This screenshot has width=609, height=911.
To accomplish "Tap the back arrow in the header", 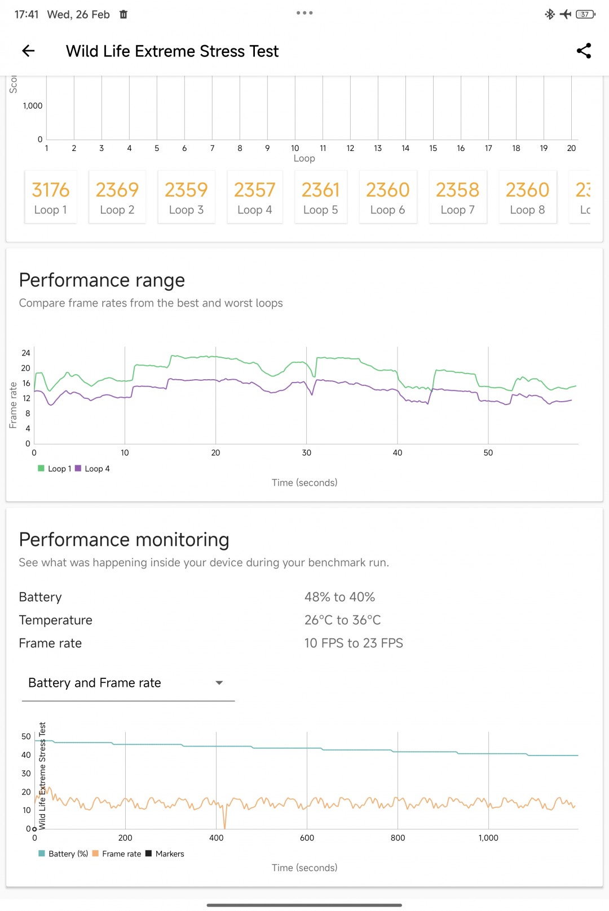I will pyautogui.click(x=28, y=51).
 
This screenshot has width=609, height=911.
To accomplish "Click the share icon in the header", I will pyautogui.click(x=584, y=51).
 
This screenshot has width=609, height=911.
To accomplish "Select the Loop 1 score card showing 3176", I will pyautogui.click(x=50, y=197).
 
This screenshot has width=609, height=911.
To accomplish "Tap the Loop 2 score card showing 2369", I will pyautogui.click(x=117, y=197).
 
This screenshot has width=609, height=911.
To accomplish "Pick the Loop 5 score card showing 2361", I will pyautogui.click(x=320, y=197).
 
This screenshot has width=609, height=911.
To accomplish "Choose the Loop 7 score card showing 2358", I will pyautogui.click(x=457, y=197).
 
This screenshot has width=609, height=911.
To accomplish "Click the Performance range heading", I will pyautogui.click(x=102, y=280).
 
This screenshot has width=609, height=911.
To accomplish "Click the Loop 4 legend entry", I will pyautogui.click(x=93, y=469).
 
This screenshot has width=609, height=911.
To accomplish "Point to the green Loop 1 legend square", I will pyautogui.click(x=41, y=468).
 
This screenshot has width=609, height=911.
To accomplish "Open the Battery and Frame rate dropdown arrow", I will pyautogui.click(x=219, y=683).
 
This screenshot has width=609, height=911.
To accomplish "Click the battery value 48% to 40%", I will pyautogui.click(x=339, y=597).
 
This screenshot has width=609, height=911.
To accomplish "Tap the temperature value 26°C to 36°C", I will pyautogui.click(x=342, y=620).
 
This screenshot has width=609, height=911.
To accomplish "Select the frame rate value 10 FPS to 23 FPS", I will pyautogui.click(x=354, y=643).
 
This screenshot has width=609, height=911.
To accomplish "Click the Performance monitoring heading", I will pyautogui.click(x=124, y=540).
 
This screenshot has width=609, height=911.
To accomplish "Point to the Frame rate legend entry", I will pyautogui.click(x=117, y=854).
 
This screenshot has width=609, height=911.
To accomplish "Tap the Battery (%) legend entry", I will pyautogui.click(x=63, y=854).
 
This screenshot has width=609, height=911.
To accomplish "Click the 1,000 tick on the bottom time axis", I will pyautogui.click(x=488, y=838).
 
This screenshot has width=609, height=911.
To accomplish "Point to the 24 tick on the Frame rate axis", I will pyautogui.click(x=26, y=353).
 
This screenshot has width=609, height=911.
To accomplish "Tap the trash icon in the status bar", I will pyautogui.click(x=123, y=15).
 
